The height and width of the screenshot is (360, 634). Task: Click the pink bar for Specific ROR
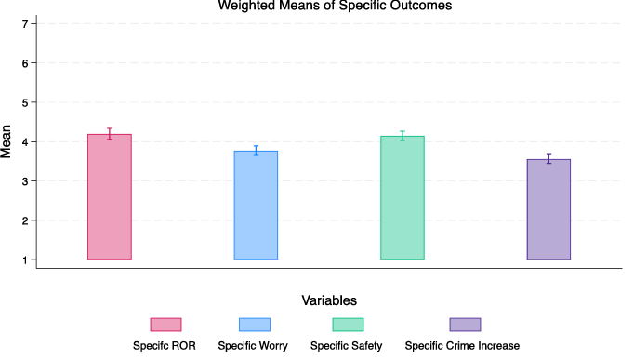(x=110, y=196)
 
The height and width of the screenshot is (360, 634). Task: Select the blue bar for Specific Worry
(x=256, y=205)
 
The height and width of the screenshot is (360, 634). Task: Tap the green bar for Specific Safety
(x=403, y=197)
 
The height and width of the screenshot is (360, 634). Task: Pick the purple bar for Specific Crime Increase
(x=548, y=209)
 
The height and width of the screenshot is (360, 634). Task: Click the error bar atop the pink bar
(x=110, y=134)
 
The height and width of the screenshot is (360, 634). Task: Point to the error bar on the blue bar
(x=256, y=151)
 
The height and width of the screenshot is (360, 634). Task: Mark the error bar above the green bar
(x=403, y=136)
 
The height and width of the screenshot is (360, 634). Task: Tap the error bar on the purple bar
(x=548, y=159)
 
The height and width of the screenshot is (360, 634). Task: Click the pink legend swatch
(x=165, y=324)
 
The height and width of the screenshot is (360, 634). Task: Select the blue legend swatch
(x=254, y=324)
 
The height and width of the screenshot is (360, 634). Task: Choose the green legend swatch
(x=348, y=324)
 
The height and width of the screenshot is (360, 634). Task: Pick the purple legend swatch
(x=465, y=324)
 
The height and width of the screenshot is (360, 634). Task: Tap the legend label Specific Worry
(x=253, y=345)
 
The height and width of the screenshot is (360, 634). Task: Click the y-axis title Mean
(x=7, y=141)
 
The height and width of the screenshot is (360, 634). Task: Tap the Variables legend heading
(x=329, y=300)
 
